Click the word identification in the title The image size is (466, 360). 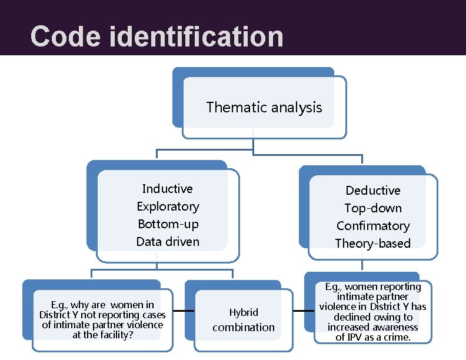(196, 36)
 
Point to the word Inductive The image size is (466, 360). (168, 189)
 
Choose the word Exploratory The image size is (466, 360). (168, 206)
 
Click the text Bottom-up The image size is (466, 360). (168, 224)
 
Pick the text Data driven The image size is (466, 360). (168, 242)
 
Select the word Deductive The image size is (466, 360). (373, 191)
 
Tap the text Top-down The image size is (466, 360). (373, 208)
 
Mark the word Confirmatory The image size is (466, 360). (373, 226)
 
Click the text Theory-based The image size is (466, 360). (373, 244)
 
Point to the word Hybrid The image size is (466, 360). (244, 312)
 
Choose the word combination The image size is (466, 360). (244, 328)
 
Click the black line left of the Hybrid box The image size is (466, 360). (184, 311)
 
